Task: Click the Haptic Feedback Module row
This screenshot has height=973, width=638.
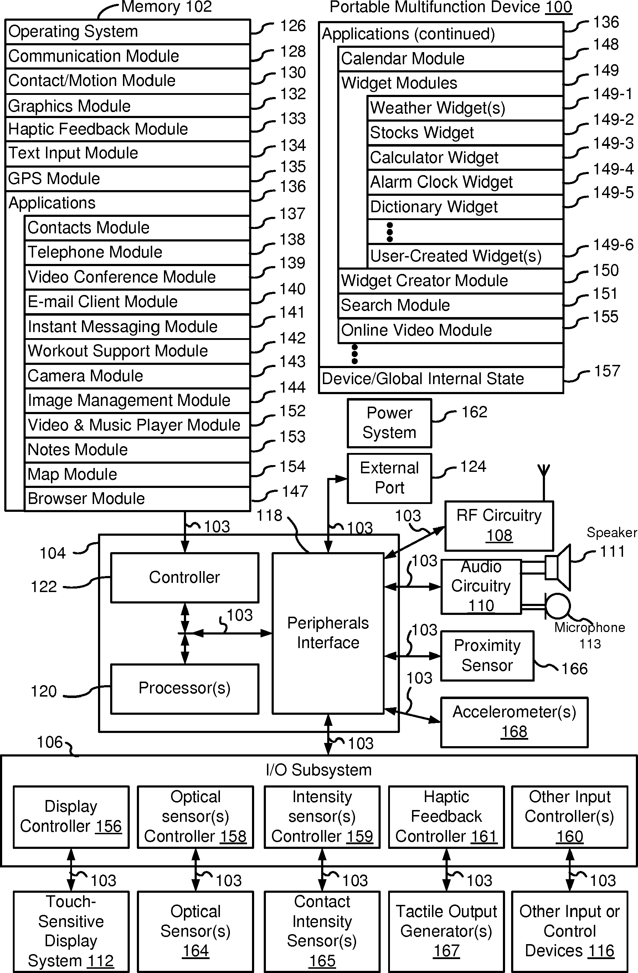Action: click(x=128, y=129)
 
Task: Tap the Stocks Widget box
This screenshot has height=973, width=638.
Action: click(x=465, y=133)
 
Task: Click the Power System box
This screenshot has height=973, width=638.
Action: click(x=389, y=423)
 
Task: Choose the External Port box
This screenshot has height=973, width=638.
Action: click(x=389, y=478)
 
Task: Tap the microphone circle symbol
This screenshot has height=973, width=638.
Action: click(x=558, y=606)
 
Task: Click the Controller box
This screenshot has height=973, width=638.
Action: click(x=185, y=577)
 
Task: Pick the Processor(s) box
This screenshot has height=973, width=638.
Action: click(x=185, y=688)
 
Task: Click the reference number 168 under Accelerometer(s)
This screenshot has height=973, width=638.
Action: click(x=514, y=732)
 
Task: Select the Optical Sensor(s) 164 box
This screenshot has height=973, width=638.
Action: click(x=195, y=931)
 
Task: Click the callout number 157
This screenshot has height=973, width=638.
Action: click(x=607, y=371)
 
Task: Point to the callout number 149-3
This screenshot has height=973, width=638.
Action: click(x=613, y=143)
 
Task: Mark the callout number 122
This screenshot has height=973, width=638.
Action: click(x=44, y=587)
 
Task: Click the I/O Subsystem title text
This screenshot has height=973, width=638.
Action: click(x=319, y=770)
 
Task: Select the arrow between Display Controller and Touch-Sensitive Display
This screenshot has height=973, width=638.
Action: click(x=72, y=869)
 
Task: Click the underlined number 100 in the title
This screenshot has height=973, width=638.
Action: click(x=559, y=7)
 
